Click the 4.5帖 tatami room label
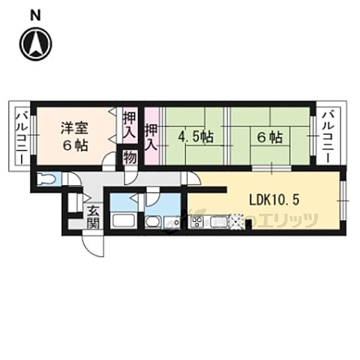[x=193, y=138]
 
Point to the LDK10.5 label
[x=275, y=199]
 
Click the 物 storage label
[x=129, y=157]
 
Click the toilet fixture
[x=47, y=179]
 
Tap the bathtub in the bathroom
[x=123, y=222]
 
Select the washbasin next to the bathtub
[x=152, y=222]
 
